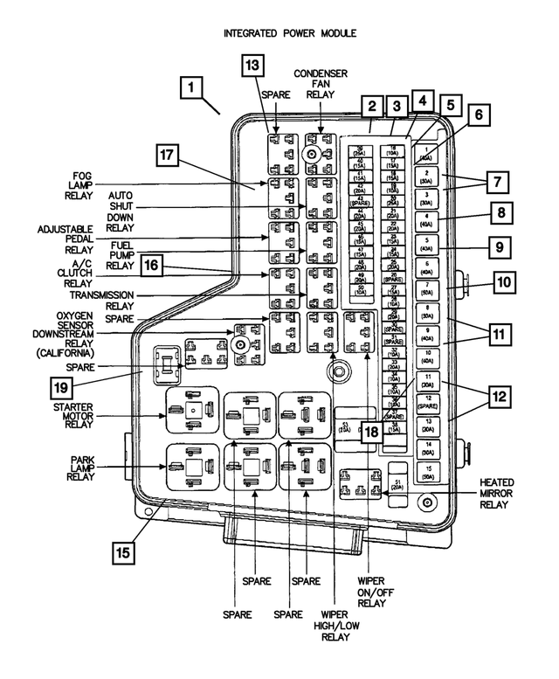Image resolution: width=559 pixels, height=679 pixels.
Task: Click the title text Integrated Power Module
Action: click(279, 33)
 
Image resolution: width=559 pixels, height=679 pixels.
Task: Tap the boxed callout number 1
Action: click(193, 88)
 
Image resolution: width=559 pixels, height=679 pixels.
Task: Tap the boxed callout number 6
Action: click(478, 114)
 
